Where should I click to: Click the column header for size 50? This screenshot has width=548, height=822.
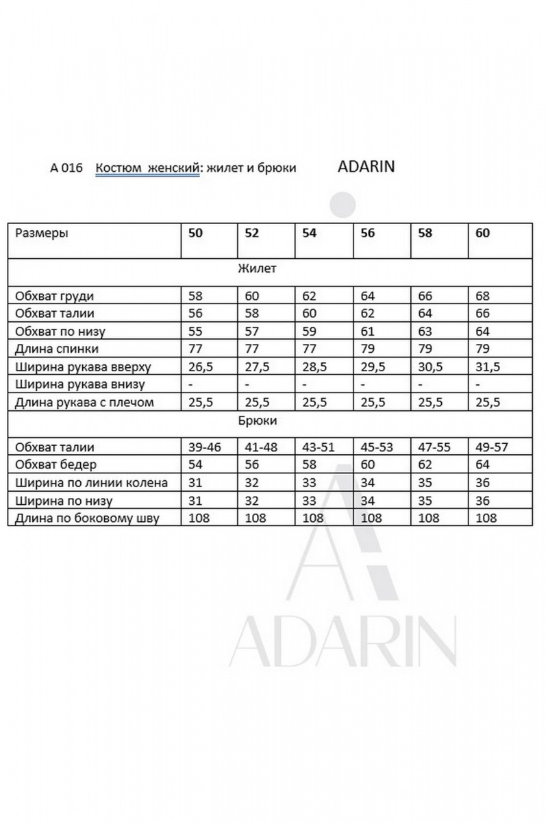[x=196, y=233]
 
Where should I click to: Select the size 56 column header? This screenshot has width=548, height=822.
[x=368, y=233]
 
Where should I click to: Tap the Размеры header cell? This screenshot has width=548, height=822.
[x=42, y=233]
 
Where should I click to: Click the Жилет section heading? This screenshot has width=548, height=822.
[x=257, y=269]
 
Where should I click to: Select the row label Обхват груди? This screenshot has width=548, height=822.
[x=54, y=296]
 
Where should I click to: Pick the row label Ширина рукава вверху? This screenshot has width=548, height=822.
[x=83, y=366]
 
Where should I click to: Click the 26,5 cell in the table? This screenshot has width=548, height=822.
[x=201, y=366]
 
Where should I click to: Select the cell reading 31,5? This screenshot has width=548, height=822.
[x=487, y=366]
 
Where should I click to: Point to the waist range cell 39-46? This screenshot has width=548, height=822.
[x=206, y=447]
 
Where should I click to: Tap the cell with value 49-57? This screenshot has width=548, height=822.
[x=493, y=447]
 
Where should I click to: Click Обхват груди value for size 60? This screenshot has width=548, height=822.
[x=482, y=296]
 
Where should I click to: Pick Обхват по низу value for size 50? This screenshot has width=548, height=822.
[x=196, y=332]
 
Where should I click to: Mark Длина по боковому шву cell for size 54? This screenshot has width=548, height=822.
[x=313, y=518]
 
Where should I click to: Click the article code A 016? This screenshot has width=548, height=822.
[x=66, y=168]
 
